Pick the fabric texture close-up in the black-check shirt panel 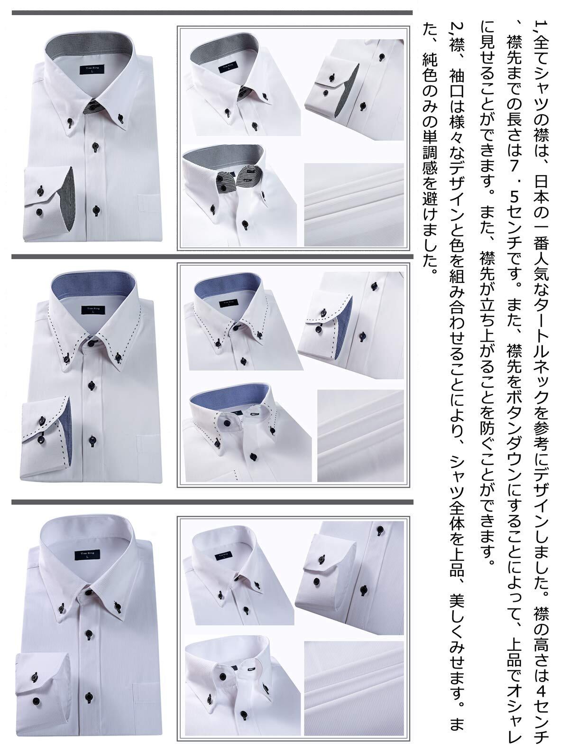tap(354, 205)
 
